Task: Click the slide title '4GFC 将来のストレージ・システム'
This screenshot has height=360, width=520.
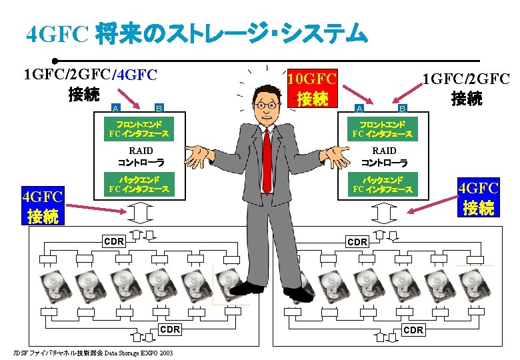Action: coord(196,33)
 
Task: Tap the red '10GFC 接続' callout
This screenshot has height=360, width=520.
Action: coord(312,87)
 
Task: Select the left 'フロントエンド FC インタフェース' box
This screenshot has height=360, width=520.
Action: coord(139,129)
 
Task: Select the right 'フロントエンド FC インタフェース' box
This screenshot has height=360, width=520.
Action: coord(383,129)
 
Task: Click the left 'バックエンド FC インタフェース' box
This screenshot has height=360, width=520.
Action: coord(139,185)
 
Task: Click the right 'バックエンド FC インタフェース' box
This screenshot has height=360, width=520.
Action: coord(383,185)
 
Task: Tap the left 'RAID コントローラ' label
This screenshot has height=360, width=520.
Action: coord(141,156)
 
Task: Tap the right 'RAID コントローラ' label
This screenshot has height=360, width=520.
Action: coord(384,156)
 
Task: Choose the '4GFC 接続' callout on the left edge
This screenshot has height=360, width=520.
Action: coord(42,206)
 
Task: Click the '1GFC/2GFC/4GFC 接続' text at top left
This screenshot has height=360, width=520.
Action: coord(90,83)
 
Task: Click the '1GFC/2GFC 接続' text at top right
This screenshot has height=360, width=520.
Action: coord(466,89)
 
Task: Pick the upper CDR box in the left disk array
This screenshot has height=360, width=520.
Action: coord(113,241)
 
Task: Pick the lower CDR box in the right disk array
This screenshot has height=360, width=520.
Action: coord(413,330)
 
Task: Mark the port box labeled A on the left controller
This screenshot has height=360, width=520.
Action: coord(115,107)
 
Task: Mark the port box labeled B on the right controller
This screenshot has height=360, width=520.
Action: coord(402,107)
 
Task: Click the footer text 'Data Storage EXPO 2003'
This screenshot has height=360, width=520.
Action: coord(139,353)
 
